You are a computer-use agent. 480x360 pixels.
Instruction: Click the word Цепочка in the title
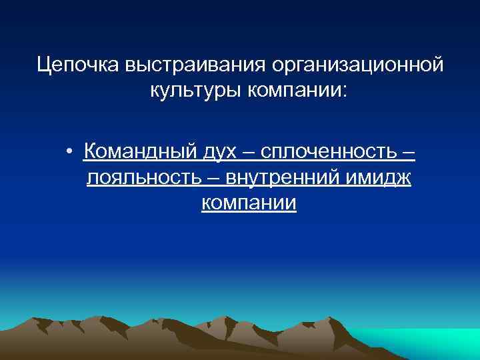coord(77,65)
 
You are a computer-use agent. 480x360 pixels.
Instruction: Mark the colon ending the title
coord(345,91)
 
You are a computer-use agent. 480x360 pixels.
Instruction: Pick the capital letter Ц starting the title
coord(45,65)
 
